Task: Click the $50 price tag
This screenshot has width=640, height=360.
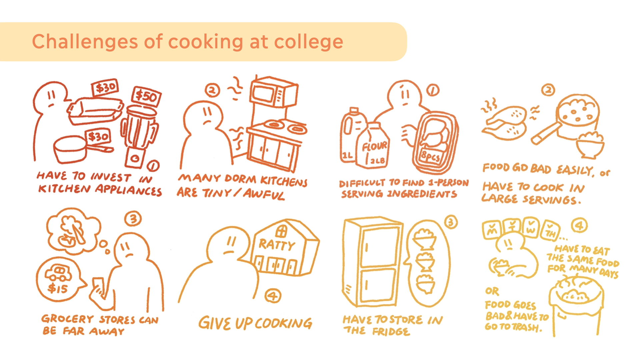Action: pyautogui.click(x=146, y=97)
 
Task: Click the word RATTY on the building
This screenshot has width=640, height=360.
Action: pyautogui.click(x=277, y=245)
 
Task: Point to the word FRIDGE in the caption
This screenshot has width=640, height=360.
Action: pyautogui.click(x=391, y=332)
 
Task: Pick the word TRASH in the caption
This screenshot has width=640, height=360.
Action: pyautogui.click(x=527, y=327)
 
